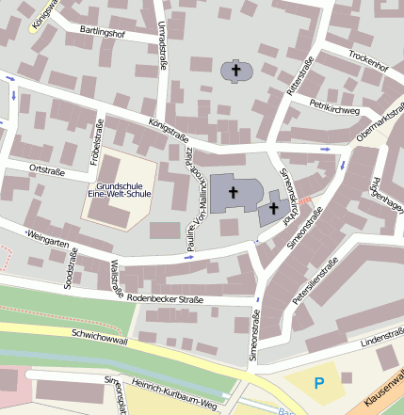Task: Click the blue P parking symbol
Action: coord(318,383)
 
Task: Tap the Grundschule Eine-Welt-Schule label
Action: coord(119,188)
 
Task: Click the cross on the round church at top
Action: coord(236,70)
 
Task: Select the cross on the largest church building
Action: coord(232,191)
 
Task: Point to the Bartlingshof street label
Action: coord(104,32)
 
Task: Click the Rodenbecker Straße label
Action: coord(166,299)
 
